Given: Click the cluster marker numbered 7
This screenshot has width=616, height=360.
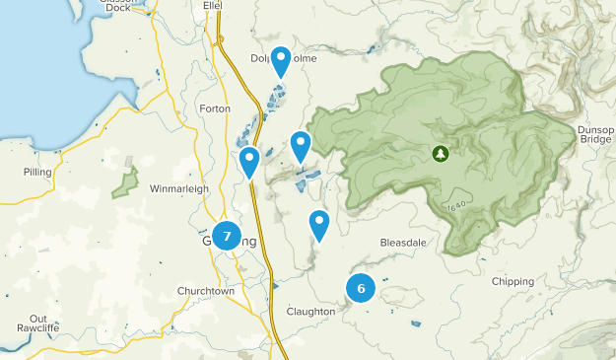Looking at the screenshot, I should [227, 237].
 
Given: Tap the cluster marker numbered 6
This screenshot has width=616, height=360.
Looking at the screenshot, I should [361, 288].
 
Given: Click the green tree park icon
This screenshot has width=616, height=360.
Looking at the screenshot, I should [439, 153].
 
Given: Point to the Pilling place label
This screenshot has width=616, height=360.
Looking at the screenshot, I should [37, 172].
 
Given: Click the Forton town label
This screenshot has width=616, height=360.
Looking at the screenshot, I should [214, 108].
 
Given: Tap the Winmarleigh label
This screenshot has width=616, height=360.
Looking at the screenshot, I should [180, 187].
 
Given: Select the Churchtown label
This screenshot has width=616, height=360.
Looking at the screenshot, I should [206, 291].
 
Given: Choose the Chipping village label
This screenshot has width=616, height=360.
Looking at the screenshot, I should [513, 281].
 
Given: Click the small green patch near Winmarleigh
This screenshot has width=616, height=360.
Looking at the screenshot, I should [124, 182].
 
